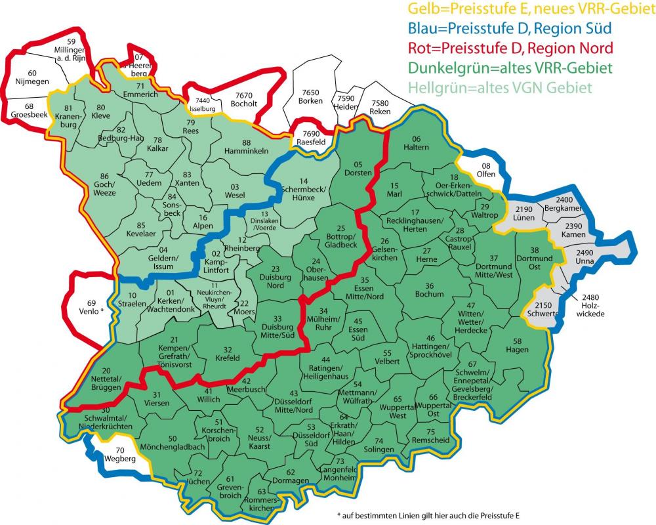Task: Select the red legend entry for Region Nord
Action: coord(510,48)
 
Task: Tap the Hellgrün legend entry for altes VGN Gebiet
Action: coord(499,87)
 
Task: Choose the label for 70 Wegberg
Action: coord(119,455)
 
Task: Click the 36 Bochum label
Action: coord(429,291)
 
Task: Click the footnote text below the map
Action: coord(427,514)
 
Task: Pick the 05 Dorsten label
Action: coord(358,168)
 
